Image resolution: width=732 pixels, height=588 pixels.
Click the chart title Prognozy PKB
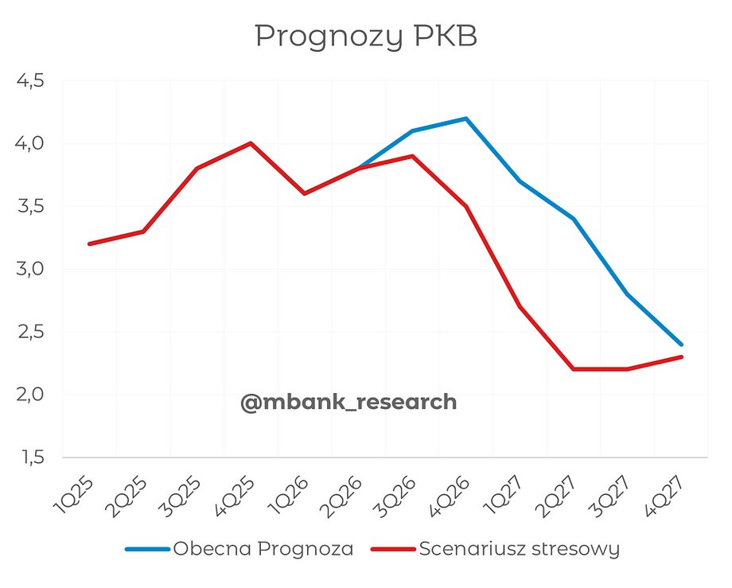(365, 37)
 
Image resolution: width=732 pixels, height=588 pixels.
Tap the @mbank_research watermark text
(348, 403)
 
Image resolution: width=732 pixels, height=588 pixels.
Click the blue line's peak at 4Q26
(466, 119)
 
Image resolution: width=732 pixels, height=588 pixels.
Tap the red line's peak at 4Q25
(251, 143)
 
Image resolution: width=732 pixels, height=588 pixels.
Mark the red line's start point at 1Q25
(89, 243)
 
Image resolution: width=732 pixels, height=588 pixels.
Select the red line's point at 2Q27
(574, 369)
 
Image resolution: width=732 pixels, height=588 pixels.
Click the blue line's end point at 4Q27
(682, 345)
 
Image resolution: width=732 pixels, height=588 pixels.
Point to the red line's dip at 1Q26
(305, 193)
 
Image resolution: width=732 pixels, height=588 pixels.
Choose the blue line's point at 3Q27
(628, 294)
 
